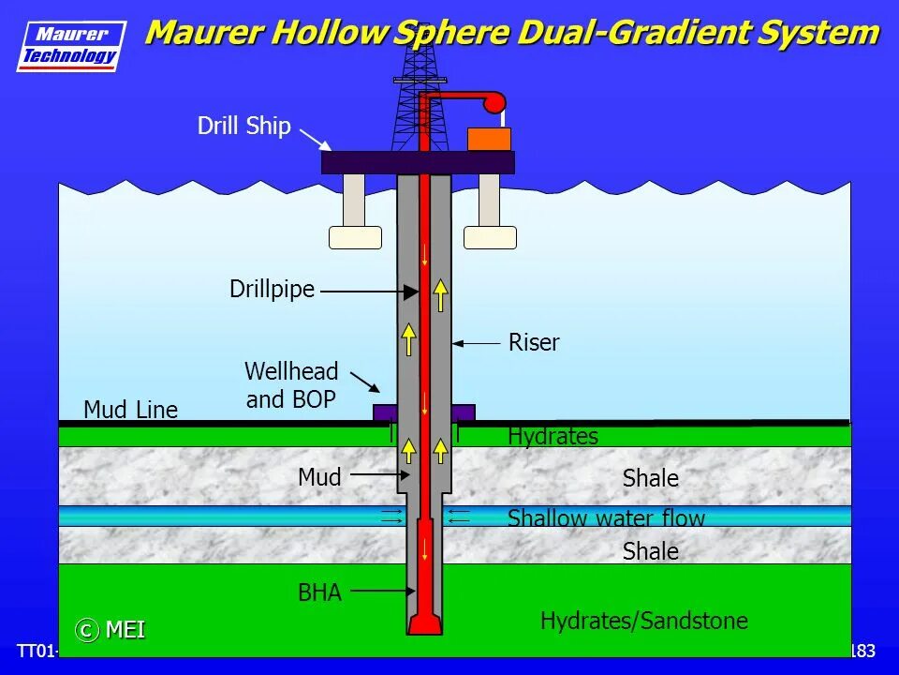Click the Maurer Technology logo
[x=71, y=45]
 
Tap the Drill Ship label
[x=243, y=127]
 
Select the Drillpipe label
[x=272, y=290]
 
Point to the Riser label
[x=534, y=343]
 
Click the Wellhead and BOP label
[x=291, y=385]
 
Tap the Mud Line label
[x=130, y=410]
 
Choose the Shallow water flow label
[x=606, y=517]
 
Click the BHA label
[x=319, y=592]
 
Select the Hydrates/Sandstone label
[x=643, y=621]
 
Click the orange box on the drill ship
[x=489, y=139]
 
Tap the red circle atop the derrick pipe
[x=494, y=102]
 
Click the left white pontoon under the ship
[x=355, y=237]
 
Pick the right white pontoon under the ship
[x=490, y=237]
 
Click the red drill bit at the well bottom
[x=424, y=623]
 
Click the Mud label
[x=319, y=477]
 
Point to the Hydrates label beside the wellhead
[x=553, y=436]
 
